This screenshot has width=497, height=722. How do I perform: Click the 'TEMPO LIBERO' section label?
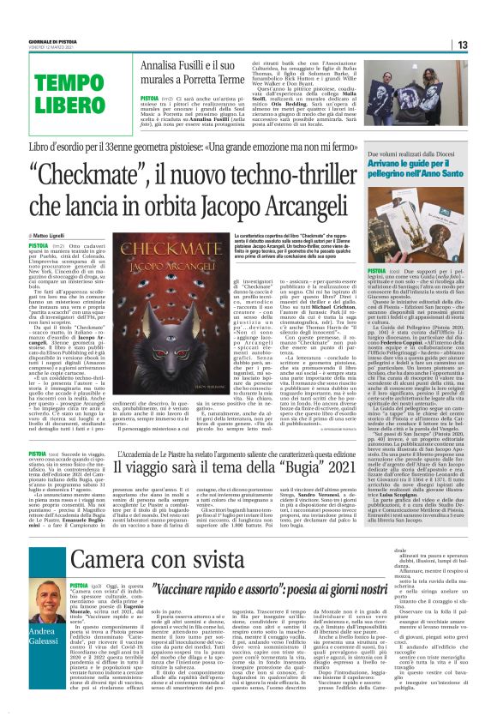[x=51, y=93]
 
